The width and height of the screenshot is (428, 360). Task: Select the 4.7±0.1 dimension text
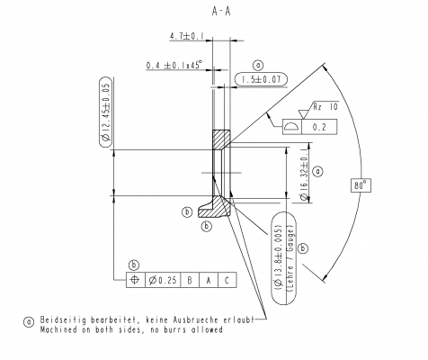(186, 37)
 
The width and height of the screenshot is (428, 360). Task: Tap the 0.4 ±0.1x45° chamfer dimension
(176, 65)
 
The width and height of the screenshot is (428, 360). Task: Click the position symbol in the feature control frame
(135, 280)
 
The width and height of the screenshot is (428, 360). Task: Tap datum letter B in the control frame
(191, 280)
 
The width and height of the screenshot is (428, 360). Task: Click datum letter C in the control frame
(227, 280)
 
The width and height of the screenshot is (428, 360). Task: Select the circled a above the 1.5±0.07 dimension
(259, 65)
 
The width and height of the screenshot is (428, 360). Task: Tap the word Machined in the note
(56, 330)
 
